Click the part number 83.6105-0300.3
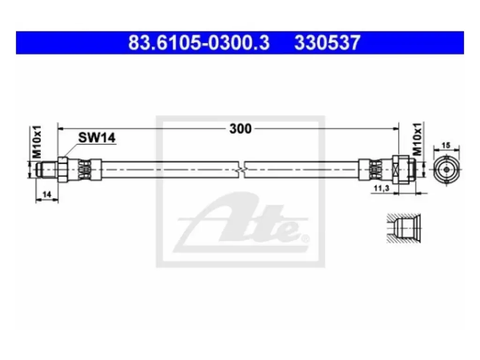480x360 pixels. tap(199, 43)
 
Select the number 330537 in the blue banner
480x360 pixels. tap(327, 43)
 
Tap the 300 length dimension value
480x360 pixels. tap(240, 128)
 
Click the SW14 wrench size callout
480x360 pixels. tap(97, 137)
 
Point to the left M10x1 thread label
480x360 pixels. tap(37, 142)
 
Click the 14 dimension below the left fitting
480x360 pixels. tap(46, 195)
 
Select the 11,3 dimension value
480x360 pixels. tap(381, 188)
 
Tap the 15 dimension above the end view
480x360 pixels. tap(446, 145)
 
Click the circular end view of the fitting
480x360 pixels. tap(446, 169)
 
